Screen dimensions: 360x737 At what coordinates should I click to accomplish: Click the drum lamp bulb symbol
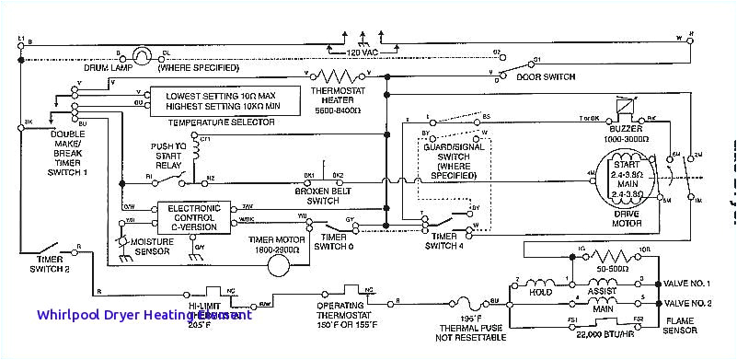[x=141, y=54]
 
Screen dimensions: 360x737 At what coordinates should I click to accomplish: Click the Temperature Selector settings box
[x=234, y=100]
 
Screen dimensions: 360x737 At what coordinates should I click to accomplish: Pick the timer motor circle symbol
[x=274, y=264]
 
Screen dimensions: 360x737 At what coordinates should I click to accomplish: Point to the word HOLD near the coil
[x=541, y=292]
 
